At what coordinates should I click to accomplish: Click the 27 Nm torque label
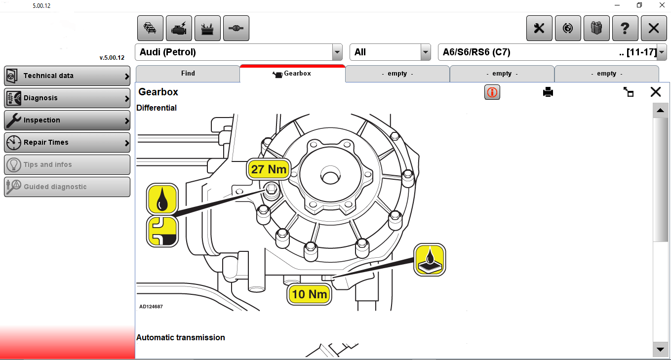(x=269, y=169)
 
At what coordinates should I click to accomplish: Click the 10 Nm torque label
(x=310, y=295)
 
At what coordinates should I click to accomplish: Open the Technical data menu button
(x=67, y=76)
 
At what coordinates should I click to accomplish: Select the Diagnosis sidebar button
(x=67, y=98)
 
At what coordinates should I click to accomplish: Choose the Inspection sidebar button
(x=67, y=120)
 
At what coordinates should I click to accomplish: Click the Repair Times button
(x=67, y=143)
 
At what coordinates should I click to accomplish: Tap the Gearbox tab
(x=292, y=74)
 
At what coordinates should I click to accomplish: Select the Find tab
(x=188, y=74)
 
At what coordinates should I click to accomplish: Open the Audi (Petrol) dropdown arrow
(x=337, y=52)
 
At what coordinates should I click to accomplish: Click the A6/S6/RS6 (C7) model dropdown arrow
(x=662, y=52)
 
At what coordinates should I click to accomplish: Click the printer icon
(x=548, y=92)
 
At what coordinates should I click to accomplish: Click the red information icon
(x=492, y=92)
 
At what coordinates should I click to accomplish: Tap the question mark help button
(x=625, y=29)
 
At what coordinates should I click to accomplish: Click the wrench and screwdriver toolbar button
(x=539, y=29)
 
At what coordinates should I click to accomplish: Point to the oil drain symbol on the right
(x=430, y=260)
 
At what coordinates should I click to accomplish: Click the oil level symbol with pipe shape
(x=162, y=232)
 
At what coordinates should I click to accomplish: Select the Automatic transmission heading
(x=181, y=338)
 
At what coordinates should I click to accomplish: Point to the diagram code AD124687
(x=151, y=307)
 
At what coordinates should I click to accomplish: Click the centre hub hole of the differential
(x=329, y=175)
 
